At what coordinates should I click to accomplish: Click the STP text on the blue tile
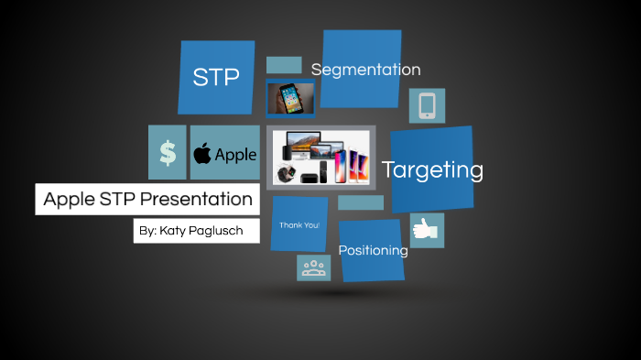click(x=216, y=78)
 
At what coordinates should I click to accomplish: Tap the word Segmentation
click(x=365, y=70)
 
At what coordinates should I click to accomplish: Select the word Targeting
click(x=432, y=169)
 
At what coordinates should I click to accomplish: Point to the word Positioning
click(x=373, y=250)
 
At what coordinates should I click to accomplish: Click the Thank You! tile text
click(x=299, y=224)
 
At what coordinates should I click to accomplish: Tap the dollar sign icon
click(x=168, y=153)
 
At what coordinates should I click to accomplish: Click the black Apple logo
click(x=202, y=153)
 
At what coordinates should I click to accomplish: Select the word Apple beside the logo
click(x=235, y=155)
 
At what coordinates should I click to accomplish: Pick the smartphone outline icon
click(x=427, y=106)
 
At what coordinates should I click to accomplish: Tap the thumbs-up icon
click(x=427, y=231)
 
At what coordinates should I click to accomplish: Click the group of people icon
click(x=314, y=268)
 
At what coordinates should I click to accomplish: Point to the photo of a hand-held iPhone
click(x=291, y=98)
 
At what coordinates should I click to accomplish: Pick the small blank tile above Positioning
click(x=361, y=202)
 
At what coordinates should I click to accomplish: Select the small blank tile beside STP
click(x=284, y=65)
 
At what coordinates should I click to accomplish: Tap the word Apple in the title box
click(x=70, y=200)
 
